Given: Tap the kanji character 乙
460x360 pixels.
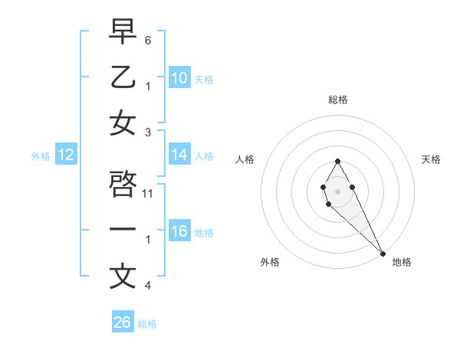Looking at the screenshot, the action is tap(123, 77).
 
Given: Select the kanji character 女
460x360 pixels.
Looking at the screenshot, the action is tap(123, 123).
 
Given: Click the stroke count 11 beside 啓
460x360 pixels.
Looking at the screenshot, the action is tap(149, 193).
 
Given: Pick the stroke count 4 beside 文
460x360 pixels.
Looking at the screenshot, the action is tap(148, 286).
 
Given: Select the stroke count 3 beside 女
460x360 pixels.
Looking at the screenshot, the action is tap(148, 132).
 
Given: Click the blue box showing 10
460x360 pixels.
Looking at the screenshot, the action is tap(179, 78).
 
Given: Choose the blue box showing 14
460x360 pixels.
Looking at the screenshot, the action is tap(179, 155).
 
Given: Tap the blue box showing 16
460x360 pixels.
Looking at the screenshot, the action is tap(179, 231).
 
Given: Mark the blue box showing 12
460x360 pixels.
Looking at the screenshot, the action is tap(66, 155).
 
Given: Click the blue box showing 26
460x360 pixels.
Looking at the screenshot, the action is tap(122, 322).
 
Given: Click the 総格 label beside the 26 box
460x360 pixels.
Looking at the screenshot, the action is tap(147, 324).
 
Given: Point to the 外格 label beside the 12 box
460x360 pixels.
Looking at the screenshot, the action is tap(41, 156).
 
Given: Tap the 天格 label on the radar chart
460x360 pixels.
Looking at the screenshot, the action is tap(432, 159).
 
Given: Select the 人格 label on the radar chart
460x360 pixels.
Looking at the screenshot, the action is tap(245, 159).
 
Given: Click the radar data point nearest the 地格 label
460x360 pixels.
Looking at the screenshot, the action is tap(383, 253).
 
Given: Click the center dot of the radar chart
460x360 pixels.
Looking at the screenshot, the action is tap(337, 190).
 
